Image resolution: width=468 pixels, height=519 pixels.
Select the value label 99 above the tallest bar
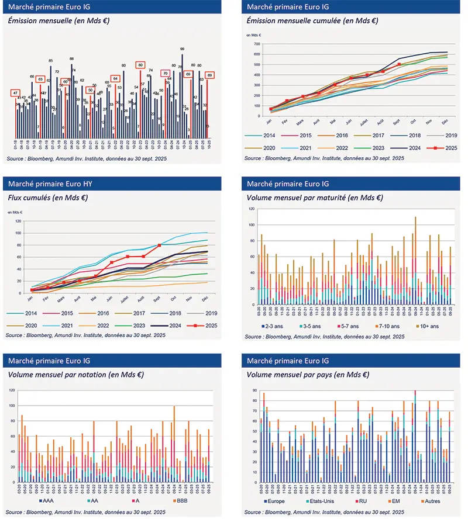[183, 49]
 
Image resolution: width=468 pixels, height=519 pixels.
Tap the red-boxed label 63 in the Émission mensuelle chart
[40, 79]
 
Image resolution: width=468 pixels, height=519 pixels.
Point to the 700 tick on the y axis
[256, 44]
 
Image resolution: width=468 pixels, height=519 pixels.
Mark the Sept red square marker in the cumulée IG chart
[399, 64]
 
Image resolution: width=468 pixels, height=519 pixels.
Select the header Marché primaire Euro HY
[47, 184]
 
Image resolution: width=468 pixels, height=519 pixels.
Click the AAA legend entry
[48, 501]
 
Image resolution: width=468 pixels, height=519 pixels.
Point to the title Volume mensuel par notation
[76, 375]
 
